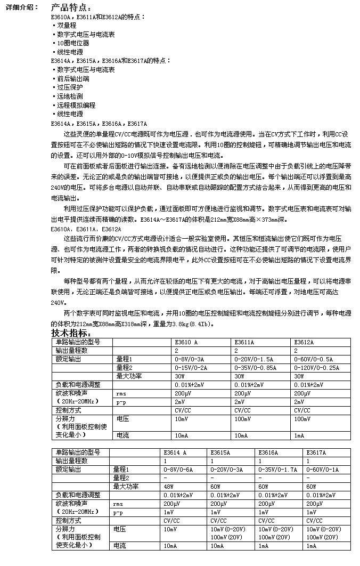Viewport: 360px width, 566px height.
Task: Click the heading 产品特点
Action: pos(71,7)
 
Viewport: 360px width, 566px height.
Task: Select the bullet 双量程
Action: pos(66,25)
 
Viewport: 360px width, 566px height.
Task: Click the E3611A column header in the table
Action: pos(244,342)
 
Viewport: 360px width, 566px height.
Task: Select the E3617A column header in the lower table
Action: pos(317,452)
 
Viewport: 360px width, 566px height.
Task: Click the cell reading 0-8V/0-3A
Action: pos(189,360)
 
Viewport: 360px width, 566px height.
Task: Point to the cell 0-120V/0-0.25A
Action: pos(317,368)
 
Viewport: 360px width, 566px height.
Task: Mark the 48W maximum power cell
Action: pos(169,487)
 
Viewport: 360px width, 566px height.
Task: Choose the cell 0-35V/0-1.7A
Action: pos(277,470)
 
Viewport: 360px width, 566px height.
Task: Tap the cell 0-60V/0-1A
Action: pos(323,470)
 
